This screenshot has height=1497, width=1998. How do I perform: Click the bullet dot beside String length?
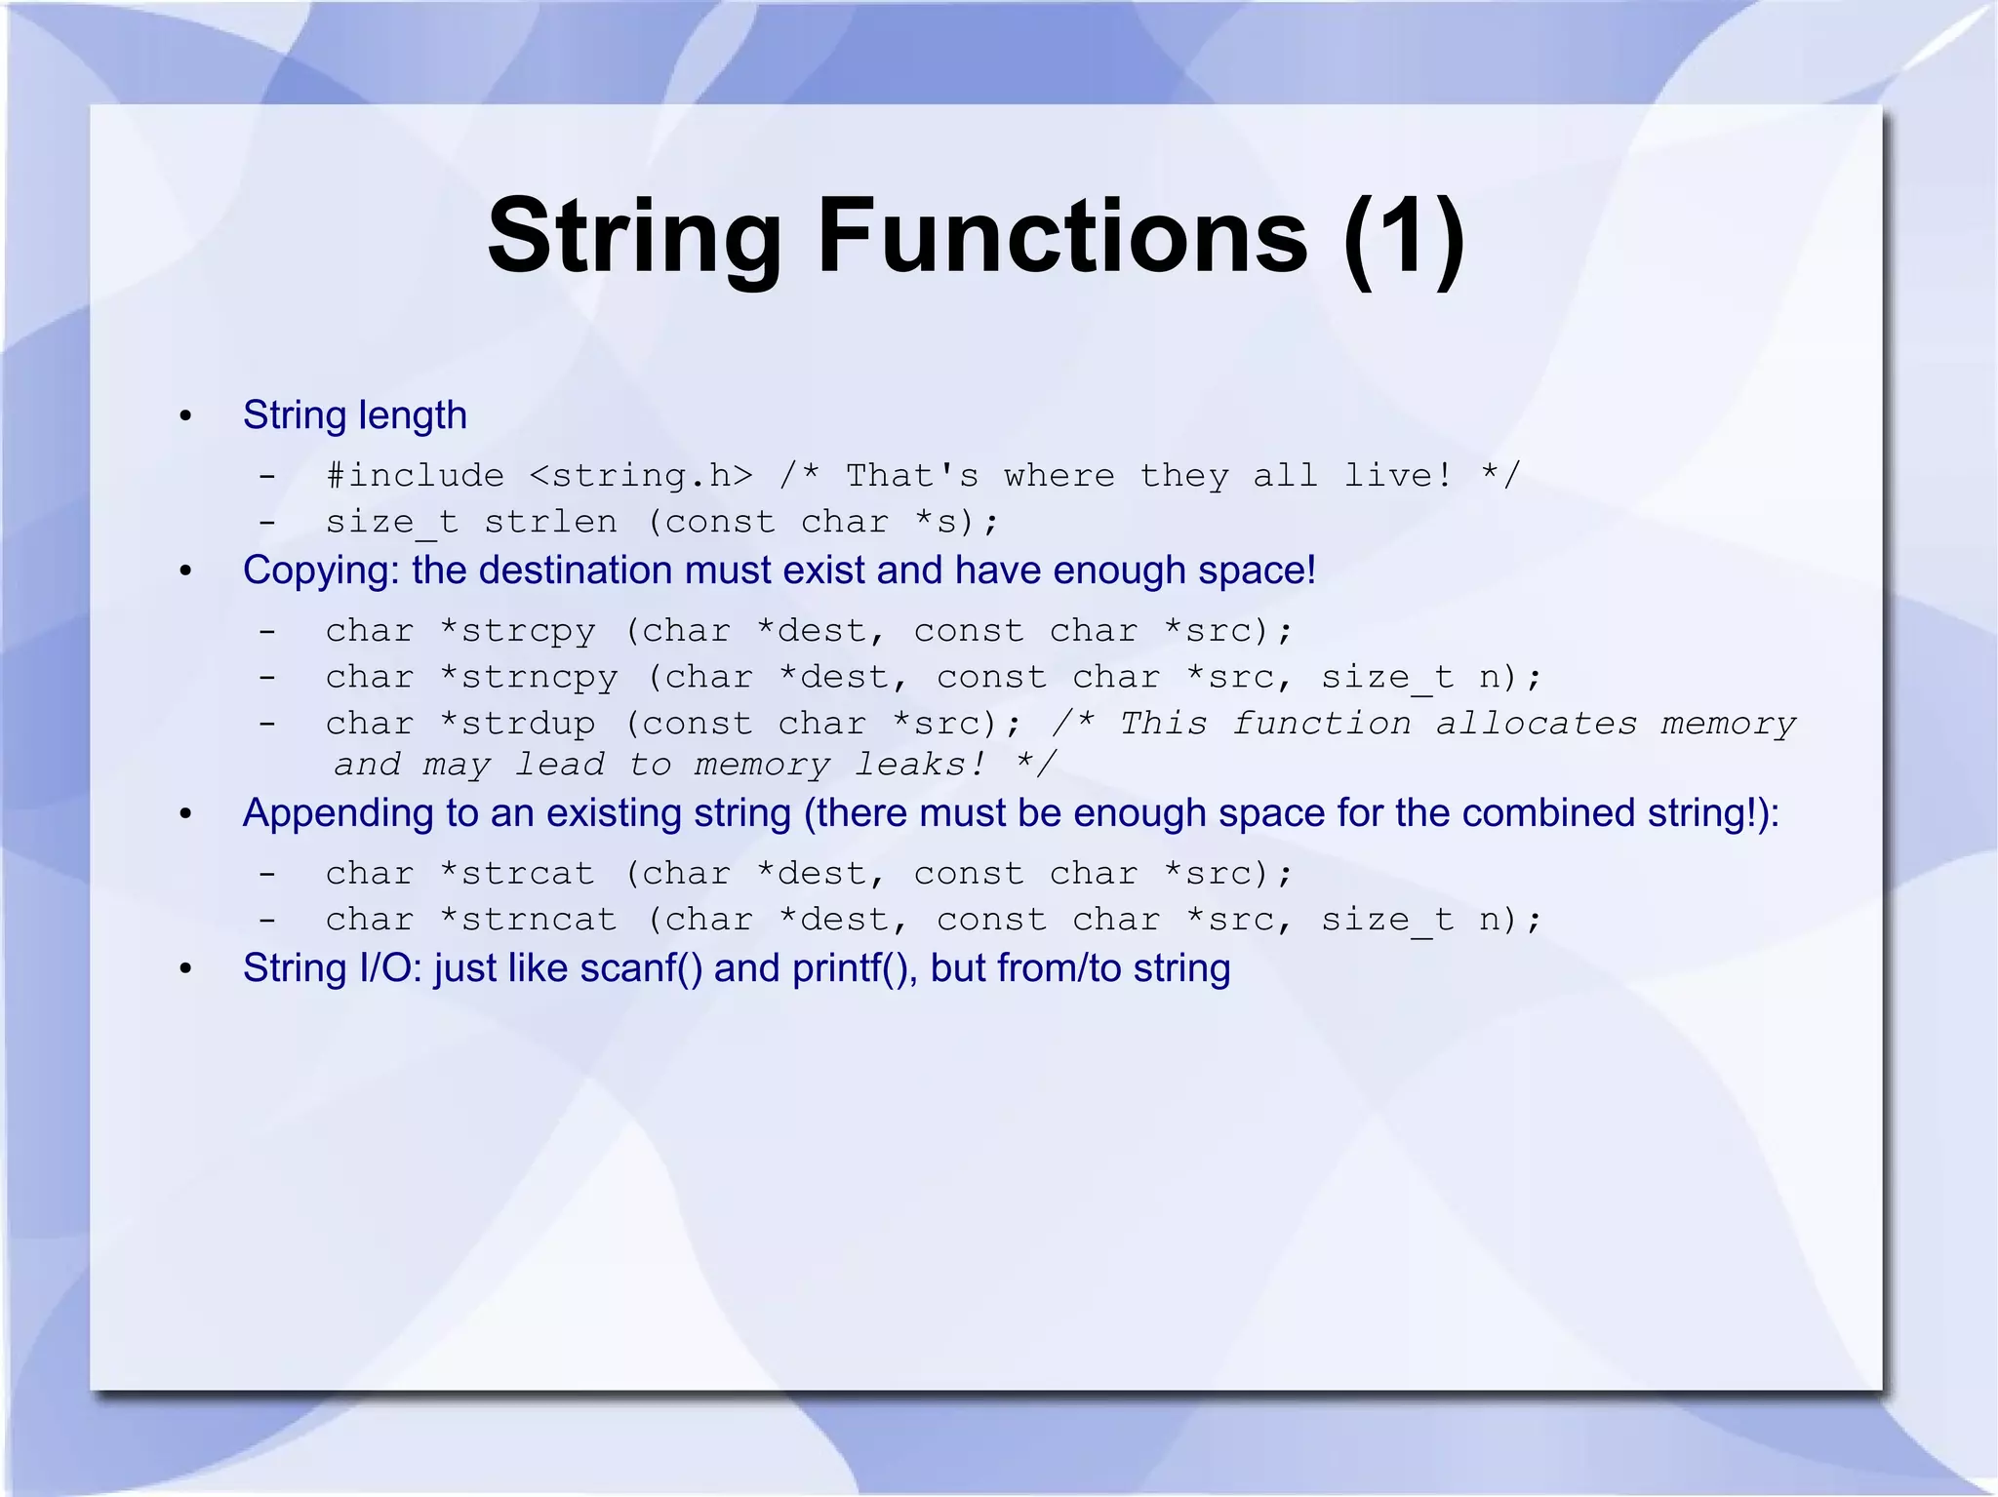click(185, 417)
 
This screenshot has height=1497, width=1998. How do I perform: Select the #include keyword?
click(415, 476)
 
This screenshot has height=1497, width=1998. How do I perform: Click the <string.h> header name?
click(641, 476)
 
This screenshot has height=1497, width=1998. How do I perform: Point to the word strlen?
click(550, 522)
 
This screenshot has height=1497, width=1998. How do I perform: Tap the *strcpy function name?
click(517, 631)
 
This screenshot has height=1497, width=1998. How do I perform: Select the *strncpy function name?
click(528, 677)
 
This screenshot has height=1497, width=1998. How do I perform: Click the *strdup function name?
click(517, 724)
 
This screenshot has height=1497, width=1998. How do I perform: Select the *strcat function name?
click(517, 874)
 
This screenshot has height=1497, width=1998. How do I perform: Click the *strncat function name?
click(528, 920)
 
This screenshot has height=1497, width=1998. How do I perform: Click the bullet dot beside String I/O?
click(185, 970)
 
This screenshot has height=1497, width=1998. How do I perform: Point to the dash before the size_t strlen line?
click(267, 523)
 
